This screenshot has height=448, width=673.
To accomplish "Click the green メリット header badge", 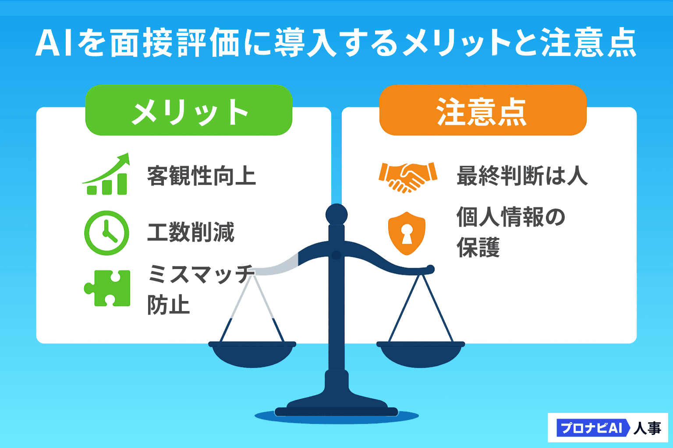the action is point(189,110).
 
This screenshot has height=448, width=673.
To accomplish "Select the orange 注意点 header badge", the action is point(483,110).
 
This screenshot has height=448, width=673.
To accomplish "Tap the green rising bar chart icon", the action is point(106,174).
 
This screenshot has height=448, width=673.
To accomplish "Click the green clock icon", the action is point(106,233).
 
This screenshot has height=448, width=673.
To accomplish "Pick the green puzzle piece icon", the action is point(107,288).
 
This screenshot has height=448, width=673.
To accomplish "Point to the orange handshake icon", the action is point(408,177).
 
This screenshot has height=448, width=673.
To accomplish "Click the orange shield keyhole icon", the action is point(407,234).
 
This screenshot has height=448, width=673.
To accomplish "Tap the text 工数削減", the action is point(191,232).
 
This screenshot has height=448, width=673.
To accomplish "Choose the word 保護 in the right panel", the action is point(478,247).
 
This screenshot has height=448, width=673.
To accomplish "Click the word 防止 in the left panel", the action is point(168,304).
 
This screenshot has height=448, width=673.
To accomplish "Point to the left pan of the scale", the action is point(252,354).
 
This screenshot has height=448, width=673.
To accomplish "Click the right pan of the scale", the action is point(421,354).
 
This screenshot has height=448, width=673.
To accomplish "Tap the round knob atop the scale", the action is point(336,214).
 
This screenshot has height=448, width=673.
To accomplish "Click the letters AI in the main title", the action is point(54,43).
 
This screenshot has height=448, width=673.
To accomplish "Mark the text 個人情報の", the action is point(511,217).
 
